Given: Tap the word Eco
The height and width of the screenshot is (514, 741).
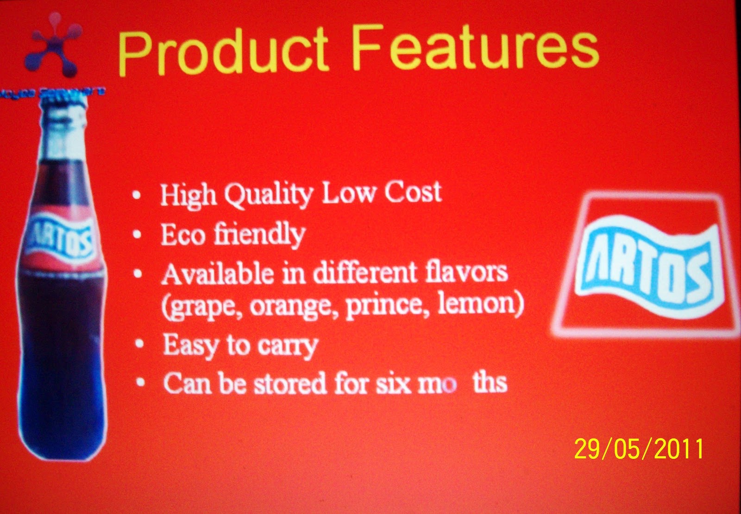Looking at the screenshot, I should pos(182,235).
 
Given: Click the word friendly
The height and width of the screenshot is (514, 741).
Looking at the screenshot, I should pos(259,234).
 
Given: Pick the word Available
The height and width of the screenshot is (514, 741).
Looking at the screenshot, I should pos(217,274).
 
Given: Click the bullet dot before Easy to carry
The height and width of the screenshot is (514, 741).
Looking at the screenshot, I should pos(139,345).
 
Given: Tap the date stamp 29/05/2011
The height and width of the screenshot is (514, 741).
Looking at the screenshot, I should pos(639,449).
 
